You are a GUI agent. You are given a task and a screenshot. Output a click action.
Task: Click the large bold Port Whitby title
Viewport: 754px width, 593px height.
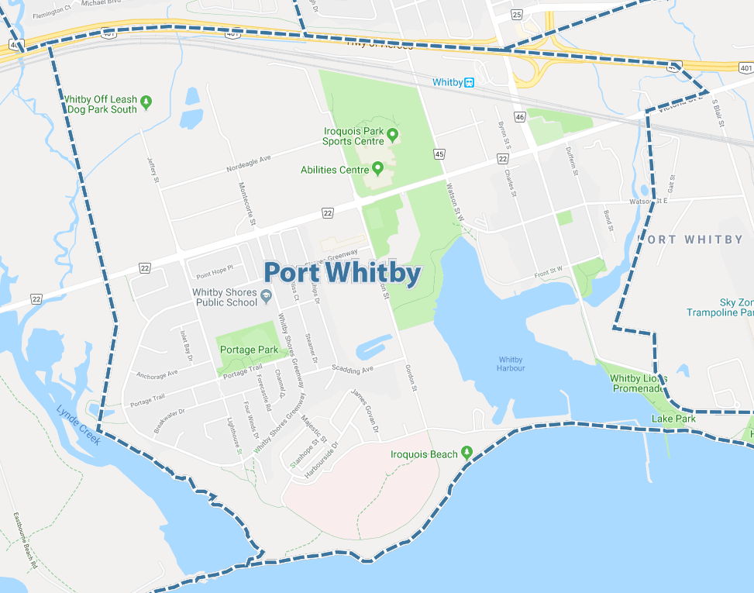click(x=343, y=273)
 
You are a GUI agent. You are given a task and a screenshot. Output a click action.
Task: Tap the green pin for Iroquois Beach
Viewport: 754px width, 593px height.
click(x=467, y=452)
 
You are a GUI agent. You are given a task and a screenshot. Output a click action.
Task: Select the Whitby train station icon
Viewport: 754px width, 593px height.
click(x=469, y=82)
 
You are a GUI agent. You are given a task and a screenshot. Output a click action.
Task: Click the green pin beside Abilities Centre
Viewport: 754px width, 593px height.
click(x=377, y=167)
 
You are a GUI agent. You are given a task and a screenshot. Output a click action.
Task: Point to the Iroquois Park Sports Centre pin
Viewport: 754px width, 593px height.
click(x=392, y=136)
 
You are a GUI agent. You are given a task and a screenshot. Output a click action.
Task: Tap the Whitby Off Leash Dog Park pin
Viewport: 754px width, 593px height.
click(x=146, y=102)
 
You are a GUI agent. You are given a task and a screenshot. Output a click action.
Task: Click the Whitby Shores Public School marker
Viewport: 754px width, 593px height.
click(x=266, y=296)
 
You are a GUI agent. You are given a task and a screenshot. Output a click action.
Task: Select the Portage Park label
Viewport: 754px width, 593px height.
click(x=249, y=350)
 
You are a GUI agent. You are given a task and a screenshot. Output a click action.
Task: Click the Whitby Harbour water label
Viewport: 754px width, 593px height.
click(x=511, y=364)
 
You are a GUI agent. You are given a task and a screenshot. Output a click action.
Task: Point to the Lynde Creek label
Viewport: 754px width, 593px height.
click(x=78, y=425)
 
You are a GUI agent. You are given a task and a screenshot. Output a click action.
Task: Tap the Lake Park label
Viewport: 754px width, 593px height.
click(x=673, y=419)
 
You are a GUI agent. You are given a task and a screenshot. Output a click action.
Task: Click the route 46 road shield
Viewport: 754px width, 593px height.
click(x=519, y=117)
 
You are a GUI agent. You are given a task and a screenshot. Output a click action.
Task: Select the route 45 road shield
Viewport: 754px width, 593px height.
click(x=439, y=154)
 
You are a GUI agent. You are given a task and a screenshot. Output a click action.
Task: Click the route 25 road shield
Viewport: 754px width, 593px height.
click(x=517, y=14)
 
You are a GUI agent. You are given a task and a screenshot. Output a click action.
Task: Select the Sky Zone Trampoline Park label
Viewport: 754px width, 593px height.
click(x=720, y=307)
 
